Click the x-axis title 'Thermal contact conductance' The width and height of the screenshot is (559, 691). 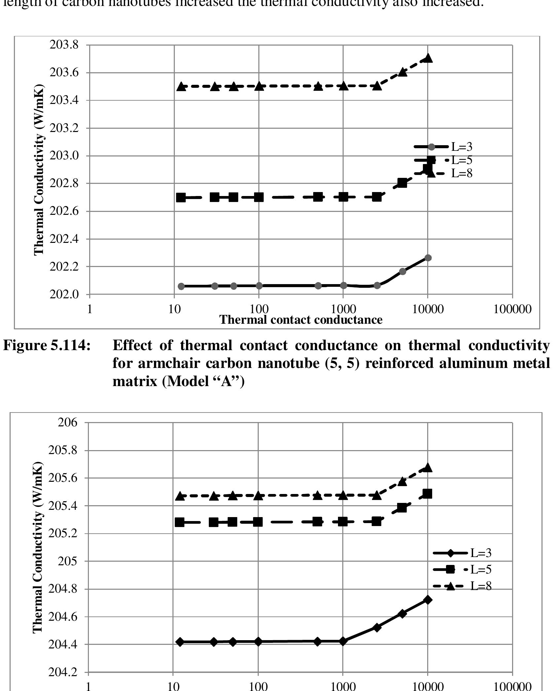[x=301, y=319]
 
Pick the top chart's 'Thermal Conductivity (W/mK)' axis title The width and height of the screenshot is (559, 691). [x=39, y=170]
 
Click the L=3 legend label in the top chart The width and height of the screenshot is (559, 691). [x=462, y=147]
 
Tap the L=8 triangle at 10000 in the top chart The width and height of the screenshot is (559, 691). [x=428, y=58]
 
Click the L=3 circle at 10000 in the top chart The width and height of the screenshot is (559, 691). [x=428, y=258]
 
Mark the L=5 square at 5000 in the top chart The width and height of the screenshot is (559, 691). [x=402, y=183]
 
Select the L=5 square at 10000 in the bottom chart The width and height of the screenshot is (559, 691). [x=428, y=494]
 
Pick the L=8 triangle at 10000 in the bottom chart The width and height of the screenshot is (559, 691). [x=428, y=467]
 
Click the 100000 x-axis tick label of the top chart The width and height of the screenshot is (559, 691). [x=512, y=310]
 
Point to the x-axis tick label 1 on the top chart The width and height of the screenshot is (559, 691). [x=89, y=310]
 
